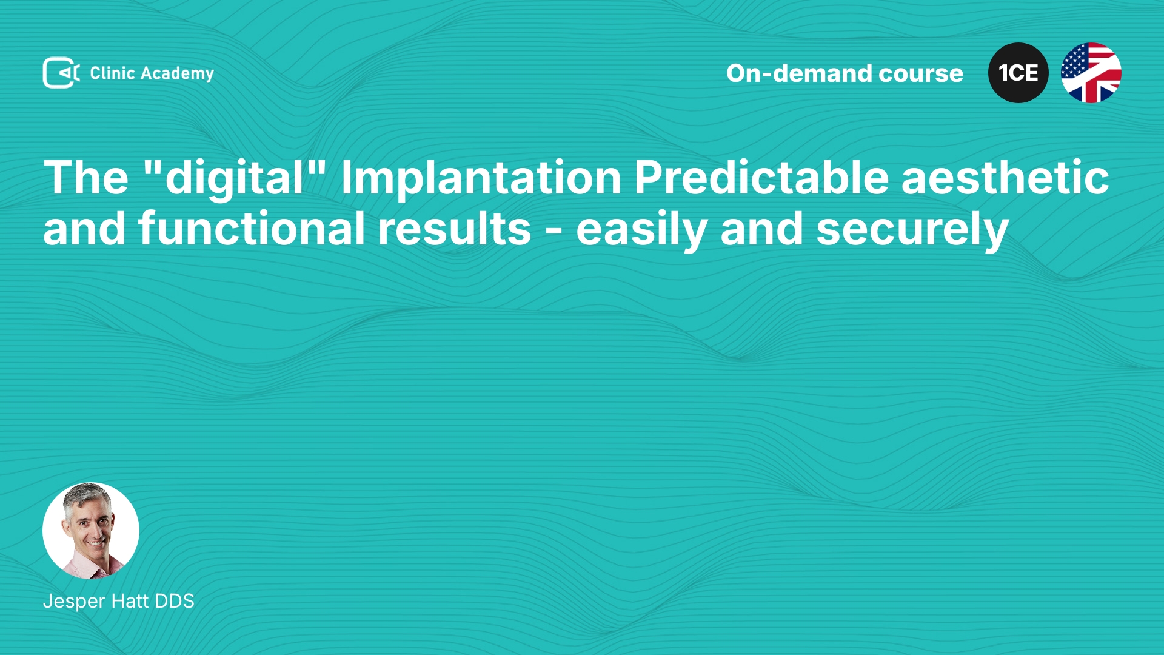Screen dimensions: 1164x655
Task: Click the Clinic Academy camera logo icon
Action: (x=61, y=73)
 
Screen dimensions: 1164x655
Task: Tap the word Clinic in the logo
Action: (x=112, y=73)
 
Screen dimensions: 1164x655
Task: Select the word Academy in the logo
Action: (x=177, y=74)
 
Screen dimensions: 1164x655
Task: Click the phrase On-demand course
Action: (x=845, y=73)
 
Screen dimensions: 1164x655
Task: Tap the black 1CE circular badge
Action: (x=1018, y=73)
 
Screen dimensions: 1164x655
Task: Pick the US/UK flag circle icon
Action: (x=1091, y=73)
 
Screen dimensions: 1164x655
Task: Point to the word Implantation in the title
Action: (x=481, y=178)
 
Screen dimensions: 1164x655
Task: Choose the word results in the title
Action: (x=454, y=230)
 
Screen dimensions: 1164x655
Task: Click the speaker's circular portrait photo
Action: (x=91, y=531)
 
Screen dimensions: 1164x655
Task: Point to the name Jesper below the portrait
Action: (x=74, y=602)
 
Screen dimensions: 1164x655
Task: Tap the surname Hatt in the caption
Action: (x=130, y=601)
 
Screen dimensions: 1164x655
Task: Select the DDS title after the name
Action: (x=175, y=601)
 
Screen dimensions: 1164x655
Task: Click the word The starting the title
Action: (x=86, y=178)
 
